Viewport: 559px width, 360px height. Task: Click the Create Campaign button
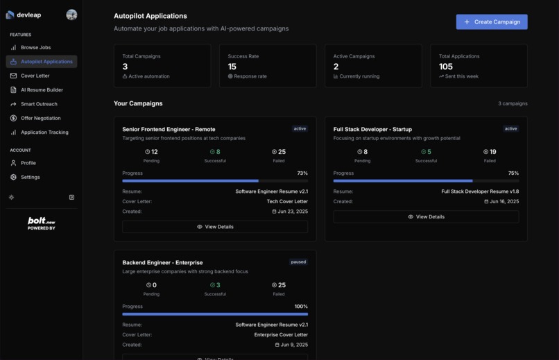coord(492,22)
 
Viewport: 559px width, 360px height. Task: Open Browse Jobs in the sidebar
coord(35,48)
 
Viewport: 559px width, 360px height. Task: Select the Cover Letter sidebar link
coord(35,76)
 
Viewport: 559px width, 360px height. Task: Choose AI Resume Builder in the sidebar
coord(42,90)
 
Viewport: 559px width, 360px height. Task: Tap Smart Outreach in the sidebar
coord(39,104)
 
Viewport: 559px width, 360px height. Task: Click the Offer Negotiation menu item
coord(40,119)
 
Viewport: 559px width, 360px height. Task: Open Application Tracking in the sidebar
coord(44,132)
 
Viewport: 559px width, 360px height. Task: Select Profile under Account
coord(28,163)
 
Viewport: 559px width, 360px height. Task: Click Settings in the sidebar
coord(31,178)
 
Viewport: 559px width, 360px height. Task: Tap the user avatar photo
coord(71,15)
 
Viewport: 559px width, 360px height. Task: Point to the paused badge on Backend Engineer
coord(298,262)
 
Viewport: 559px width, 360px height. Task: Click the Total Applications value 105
coord(446,67)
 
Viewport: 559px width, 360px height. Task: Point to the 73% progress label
coord(302,173)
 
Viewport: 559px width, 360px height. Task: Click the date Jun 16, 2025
coord(504,202)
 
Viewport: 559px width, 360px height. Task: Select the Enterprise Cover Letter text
coord(281,335)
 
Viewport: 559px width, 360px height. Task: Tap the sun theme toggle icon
coord(12,198)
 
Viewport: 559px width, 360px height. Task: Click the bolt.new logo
coord(42,223)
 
